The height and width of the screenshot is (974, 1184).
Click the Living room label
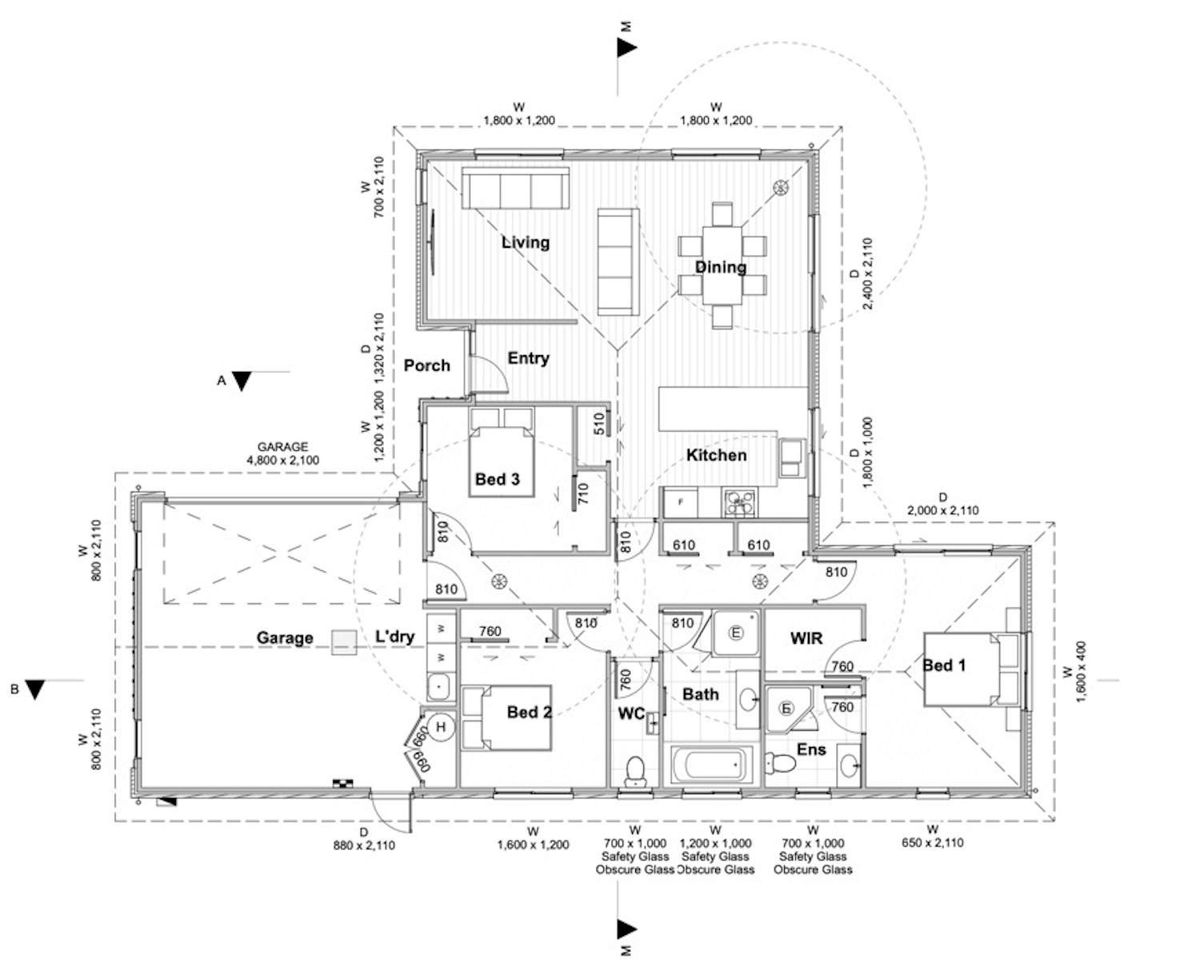(526, 242)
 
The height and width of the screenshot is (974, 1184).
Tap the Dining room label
(720, 267)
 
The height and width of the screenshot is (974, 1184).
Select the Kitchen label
(716, 455)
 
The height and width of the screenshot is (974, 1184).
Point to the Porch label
(426, 365)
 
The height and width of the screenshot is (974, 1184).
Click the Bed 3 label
(497, 479)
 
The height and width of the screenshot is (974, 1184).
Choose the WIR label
(806, 638)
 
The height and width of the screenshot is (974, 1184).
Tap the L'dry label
(394, 637)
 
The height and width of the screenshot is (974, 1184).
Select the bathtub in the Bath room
(711, 766)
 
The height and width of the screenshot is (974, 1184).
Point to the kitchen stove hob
(739, 503)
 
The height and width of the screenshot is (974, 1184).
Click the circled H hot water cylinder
(440, 727)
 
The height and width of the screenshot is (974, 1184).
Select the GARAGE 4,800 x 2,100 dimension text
(282, 453)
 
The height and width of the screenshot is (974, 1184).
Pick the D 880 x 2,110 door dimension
(364, 839)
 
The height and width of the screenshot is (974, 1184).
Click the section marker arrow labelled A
(241, 381)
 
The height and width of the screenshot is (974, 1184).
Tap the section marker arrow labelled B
(34, 689)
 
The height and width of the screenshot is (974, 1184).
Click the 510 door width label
(599, 424)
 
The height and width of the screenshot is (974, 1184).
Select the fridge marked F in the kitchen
(681, 503)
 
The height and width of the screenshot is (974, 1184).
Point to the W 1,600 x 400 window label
(1074, 672)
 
